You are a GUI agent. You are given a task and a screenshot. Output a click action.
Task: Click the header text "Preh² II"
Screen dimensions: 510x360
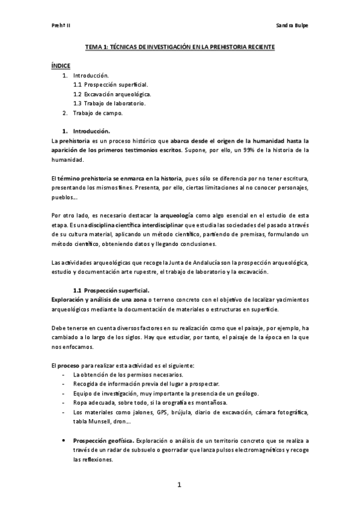click(61, 26)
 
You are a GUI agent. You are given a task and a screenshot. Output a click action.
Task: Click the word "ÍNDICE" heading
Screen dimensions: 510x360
click(61, 65)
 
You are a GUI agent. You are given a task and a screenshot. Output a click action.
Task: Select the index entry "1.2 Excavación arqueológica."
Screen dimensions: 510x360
click(112, 94)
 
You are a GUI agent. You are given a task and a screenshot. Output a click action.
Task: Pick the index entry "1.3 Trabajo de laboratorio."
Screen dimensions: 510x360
click(109, 103)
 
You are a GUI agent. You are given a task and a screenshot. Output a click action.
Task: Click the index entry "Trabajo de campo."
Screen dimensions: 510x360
click(98, 112)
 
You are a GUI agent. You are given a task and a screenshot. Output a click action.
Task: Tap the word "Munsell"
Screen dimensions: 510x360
click(98, 421)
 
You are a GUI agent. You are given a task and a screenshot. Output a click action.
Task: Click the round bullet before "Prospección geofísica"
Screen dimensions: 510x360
click(64, 440)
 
